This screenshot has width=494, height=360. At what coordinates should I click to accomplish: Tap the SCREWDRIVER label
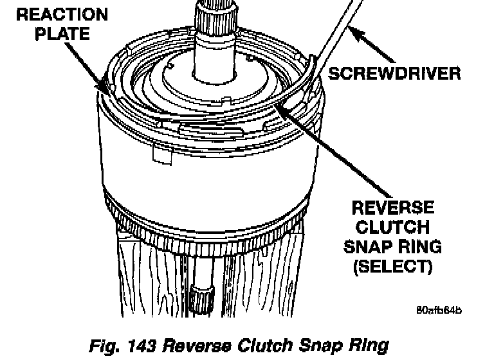pyautogui.click(x=394, y=73)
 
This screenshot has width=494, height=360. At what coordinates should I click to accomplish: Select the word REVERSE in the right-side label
pyautogui.click(x=391, y=208)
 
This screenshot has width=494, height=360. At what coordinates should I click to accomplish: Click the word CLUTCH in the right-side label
pyautogui.click(x=391, y=227)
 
